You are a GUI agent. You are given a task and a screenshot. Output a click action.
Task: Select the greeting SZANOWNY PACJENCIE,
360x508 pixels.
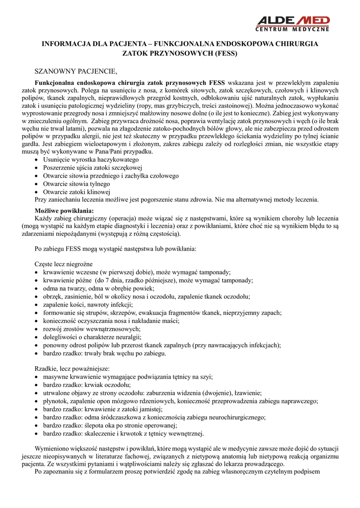point(75,71)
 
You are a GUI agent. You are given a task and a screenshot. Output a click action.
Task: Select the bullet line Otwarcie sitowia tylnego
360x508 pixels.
point(76,184)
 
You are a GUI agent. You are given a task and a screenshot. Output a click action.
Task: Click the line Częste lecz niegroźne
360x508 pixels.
point(64,264)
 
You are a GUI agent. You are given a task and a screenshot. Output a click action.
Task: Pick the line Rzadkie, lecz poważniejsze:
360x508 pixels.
point(72,369)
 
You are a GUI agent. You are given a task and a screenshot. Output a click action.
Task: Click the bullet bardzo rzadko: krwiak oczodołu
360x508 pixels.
point(80,385)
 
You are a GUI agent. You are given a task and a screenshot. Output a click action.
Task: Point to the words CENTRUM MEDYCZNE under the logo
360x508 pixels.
point(293,29)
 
